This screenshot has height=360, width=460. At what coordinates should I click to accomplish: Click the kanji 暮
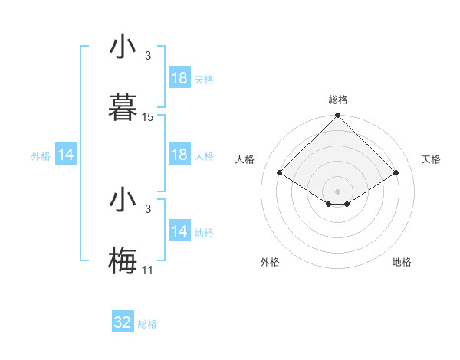point(123,107)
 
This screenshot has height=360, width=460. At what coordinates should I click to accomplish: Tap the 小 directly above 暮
point(123,47)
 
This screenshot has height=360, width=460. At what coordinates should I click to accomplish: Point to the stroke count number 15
point(148,117)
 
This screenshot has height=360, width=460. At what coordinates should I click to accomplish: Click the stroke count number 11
point(148,270)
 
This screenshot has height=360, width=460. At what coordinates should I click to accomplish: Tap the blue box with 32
point(123,322)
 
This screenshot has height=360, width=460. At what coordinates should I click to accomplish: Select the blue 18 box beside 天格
point(179,78)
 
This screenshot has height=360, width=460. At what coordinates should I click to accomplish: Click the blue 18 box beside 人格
point(179,155)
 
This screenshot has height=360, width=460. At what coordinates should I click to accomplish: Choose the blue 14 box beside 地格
point(179,231)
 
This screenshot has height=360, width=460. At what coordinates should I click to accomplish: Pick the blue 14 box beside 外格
point(66,155)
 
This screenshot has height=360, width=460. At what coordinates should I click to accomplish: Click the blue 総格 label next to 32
point(147,324)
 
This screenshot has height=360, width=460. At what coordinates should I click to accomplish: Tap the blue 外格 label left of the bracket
point(41,156)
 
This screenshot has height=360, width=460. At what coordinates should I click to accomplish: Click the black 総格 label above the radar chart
point(338,100)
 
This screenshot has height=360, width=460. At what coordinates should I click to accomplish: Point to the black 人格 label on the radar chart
point(245,159)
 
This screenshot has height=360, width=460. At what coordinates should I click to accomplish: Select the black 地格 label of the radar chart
point(402,262)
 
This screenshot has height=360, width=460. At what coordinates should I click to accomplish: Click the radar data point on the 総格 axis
point(338,116)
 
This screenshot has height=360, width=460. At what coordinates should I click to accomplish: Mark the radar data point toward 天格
point(396,172)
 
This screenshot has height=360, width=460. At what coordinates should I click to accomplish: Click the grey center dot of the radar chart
point(338,191)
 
